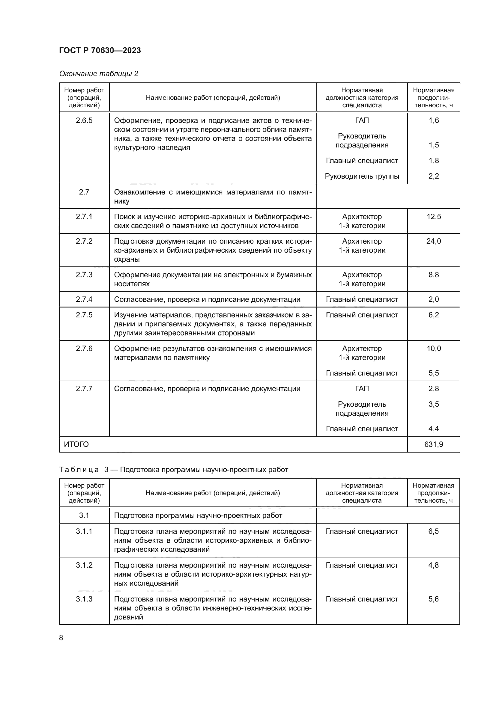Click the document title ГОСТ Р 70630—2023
coord(100,50)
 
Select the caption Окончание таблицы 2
coord(99,74)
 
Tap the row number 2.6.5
coord(84,120)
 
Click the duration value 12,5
coord(434,217)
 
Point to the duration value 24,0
coord(434,241)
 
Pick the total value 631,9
coord(434,444)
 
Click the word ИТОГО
coord(76,444)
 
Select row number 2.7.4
coord(84,299)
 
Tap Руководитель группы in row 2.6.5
coord(362,176)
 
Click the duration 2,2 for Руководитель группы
coord(434,176)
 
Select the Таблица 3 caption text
coord(173,470)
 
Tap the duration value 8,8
coord(434,275)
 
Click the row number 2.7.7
coord(84,389)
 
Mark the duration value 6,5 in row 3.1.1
coord(433,531)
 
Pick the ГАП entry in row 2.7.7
coord(362,389)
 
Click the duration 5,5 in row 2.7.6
coord(434,373)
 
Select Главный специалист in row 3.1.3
coord(362,599)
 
